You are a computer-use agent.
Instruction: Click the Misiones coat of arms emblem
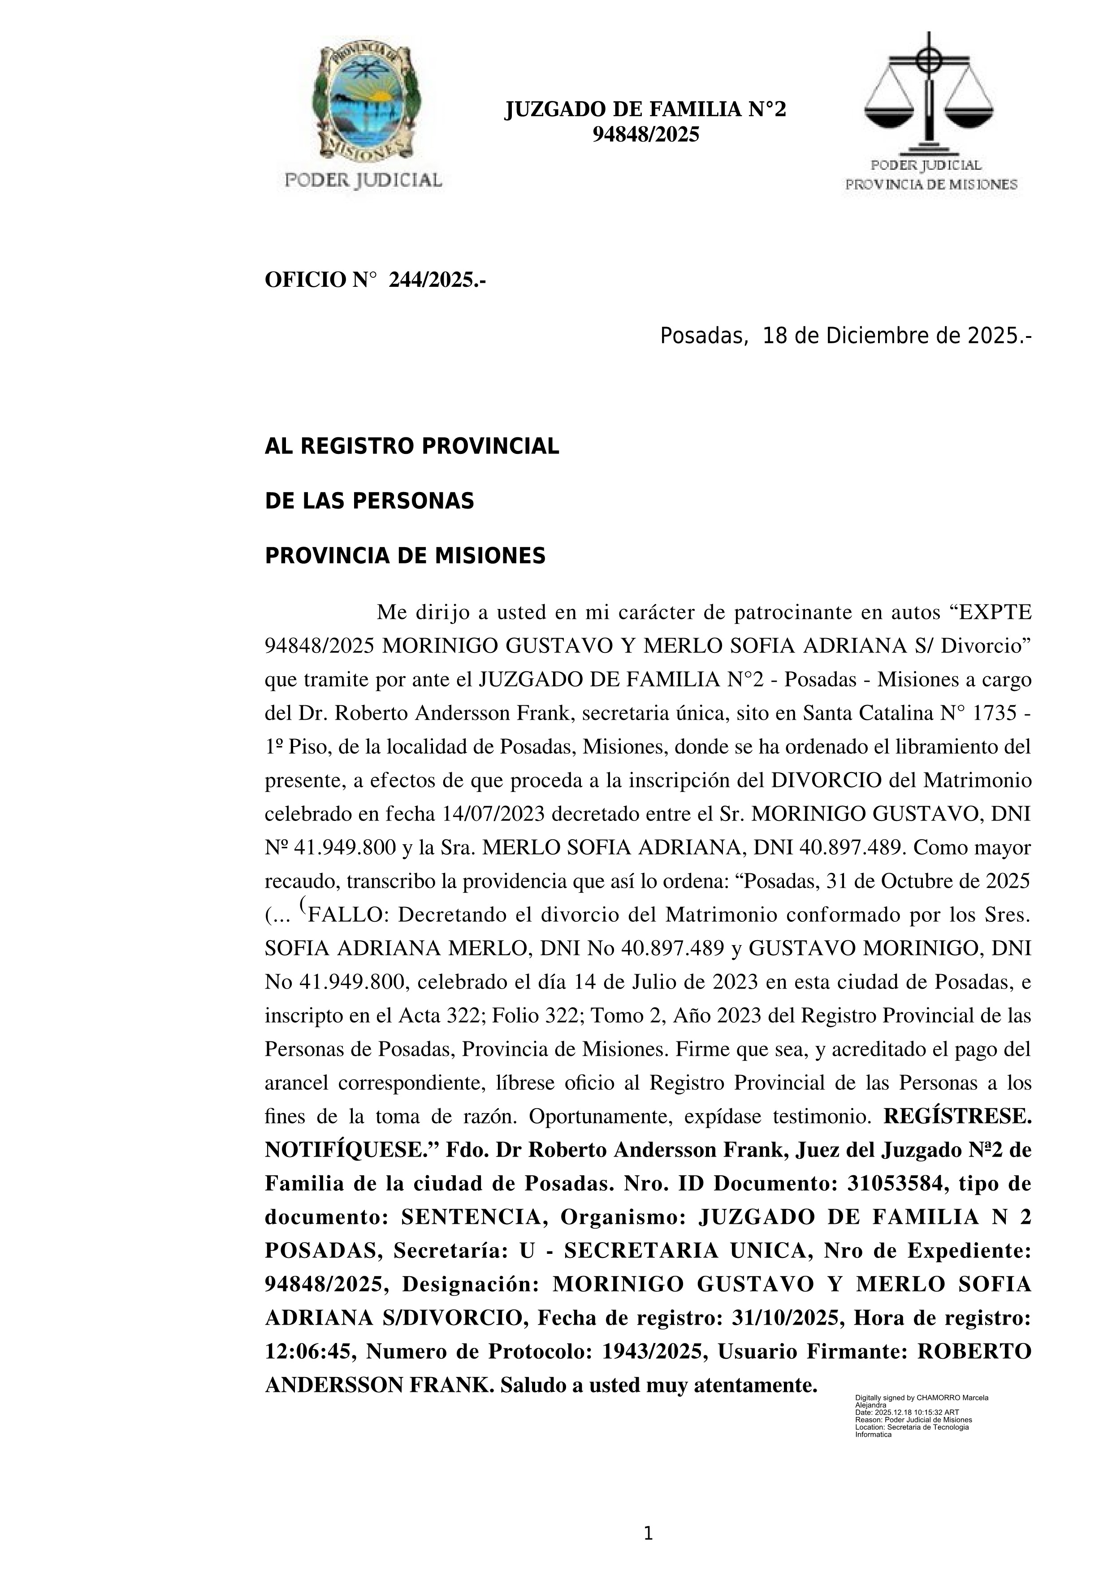[x=363, y=103]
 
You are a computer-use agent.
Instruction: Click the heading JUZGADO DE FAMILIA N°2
[x=645, y=109]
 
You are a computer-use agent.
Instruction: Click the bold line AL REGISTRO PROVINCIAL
[x=411, y=446]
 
